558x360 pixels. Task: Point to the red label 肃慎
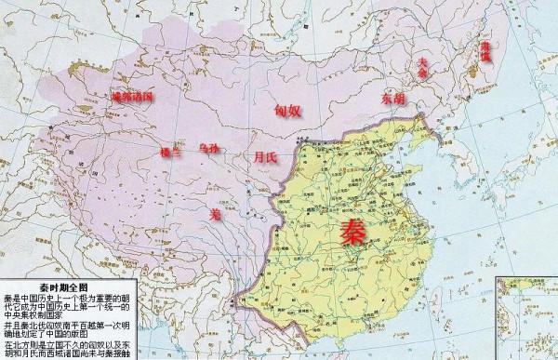(484, 49)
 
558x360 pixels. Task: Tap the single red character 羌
(216, 214)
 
